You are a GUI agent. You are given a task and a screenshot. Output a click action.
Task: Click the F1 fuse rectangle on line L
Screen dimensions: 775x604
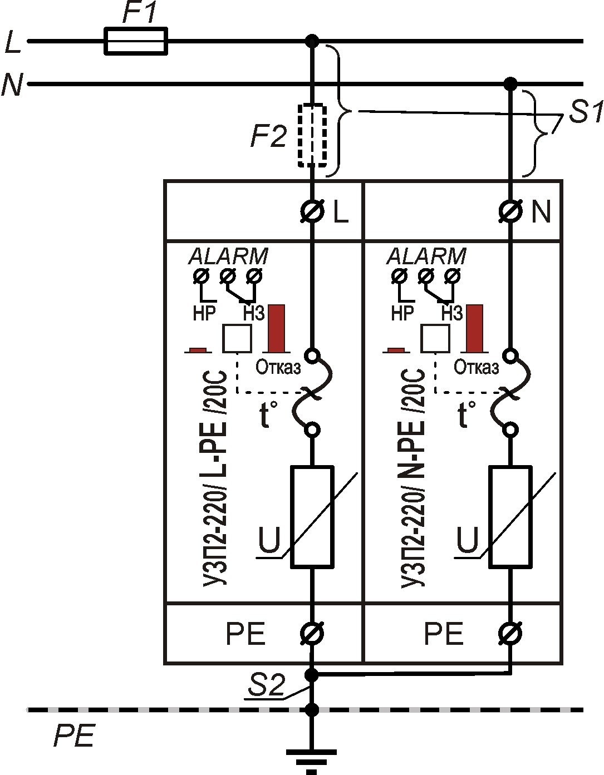(x=136, y=41)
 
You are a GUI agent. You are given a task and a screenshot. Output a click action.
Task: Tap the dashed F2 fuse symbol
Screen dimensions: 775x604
(x=312, y=135)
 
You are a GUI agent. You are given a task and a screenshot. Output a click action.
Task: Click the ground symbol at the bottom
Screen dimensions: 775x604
(x=312, y=759)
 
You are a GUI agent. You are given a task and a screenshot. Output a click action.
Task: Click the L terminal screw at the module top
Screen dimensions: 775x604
(x=313, y=211)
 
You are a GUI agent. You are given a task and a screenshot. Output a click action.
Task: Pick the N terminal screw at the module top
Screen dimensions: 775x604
(x=510, y=211)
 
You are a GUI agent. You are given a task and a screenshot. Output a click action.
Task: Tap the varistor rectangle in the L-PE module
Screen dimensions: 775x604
(x=312, y=517)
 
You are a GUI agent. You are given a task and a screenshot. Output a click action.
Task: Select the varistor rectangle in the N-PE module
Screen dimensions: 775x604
(x=510, y=517)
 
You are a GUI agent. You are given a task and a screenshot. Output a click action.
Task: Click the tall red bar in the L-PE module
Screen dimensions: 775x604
(x=277, y=328)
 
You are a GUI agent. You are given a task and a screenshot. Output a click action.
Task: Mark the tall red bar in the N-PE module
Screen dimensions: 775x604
(x=475, y=328)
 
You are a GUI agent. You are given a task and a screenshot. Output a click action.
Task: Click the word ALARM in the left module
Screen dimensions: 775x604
(x=229, y=256)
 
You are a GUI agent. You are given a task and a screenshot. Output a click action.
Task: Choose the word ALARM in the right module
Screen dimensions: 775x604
(x=426, y=256)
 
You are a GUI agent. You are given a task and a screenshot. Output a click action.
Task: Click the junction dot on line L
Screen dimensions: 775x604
(x=313, y=41)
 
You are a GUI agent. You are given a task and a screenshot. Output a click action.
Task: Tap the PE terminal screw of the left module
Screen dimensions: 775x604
(x=312, y=633)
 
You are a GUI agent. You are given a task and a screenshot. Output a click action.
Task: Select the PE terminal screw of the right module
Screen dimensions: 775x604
(x=510, y=633)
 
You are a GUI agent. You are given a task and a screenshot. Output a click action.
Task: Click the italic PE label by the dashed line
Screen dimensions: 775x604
(x=73, y=735)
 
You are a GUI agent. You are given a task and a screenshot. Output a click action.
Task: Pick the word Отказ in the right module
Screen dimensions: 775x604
(x=477, y=367)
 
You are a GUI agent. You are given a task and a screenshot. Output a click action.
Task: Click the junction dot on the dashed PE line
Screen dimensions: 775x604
(x=312, y=710)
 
